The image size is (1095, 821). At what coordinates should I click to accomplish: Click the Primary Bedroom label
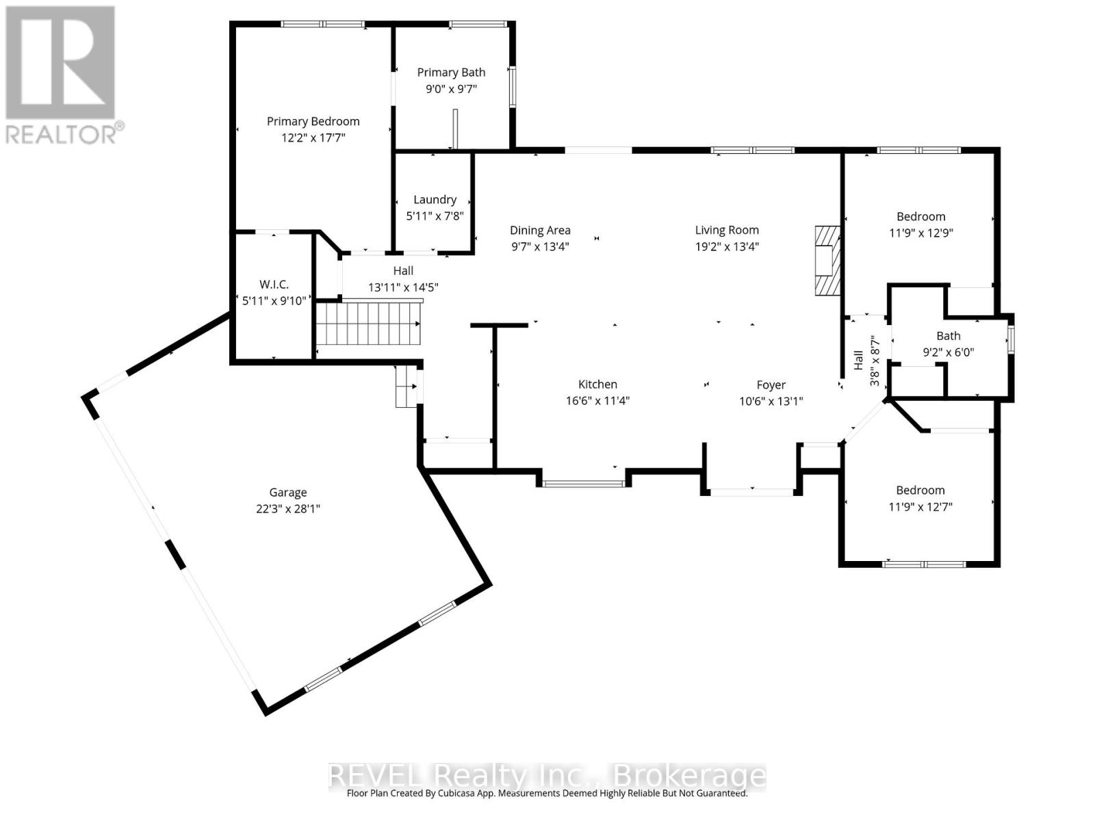tap(313, 121)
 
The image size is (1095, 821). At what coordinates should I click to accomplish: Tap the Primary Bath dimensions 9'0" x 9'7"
tap(451, 89)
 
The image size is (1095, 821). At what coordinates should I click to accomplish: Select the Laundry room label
tap(435, 199)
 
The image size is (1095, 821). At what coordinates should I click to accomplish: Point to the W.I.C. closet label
tap(274, 284)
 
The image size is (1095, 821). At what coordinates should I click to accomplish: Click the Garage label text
tap(288, 493)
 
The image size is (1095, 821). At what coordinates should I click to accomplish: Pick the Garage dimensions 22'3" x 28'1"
tap(288, 509)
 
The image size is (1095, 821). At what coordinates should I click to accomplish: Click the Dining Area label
tap(540, 231)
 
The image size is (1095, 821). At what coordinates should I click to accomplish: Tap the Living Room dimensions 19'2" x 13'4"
tap(727, 246)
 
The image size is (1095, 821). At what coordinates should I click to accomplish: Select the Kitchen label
tap(597, 385)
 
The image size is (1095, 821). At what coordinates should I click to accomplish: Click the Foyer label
tap(771, 385)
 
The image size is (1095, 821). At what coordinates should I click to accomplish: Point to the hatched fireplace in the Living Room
tap(827, 261)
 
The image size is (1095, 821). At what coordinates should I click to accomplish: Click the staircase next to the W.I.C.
tap(369, 324)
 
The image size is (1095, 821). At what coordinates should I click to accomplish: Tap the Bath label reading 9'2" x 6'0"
tap(948, 352)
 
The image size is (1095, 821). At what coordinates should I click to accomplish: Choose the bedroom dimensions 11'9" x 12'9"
tap(921, 233)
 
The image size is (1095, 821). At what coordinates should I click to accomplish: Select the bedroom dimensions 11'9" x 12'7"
tap(920, 507)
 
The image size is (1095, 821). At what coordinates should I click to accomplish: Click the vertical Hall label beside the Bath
tap(858, 361)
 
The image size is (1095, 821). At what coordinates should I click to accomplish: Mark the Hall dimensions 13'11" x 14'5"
tap(403, 287)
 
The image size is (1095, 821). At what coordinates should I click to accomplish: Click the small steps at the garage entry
tap(407, 387)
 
